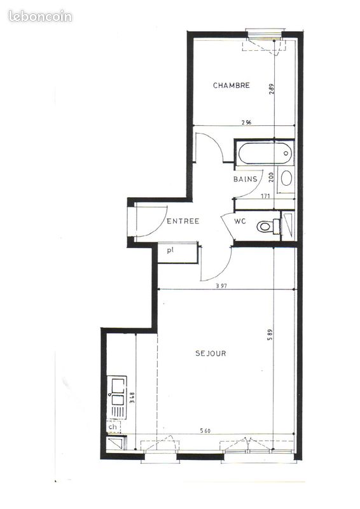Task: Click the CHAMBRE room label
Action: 231,85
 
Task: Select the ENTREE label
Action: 183,221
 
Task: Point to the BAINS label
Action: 246,179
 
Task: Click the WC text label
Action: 240,221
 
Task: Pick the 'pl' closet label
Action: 170,251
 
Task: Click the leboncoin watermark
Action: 40,17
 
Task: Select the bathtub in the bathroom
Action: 264,153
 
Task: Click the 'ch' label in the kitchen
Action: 112,426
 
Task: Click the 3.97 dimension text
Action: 221,286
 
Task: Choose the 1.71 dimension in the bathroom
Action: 265,197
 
